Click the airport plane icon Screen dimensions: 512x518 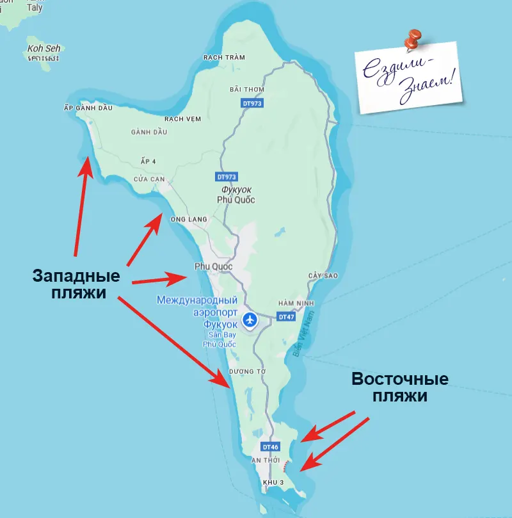pos(250,318)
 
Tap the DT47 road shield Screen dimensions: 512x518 pos(285,316)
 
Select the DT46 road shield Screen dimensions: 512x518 pos(271,447)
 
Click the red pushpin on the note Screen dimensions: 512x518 pos(413,39)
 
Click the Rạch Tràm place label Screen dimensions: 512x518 pos(224,57)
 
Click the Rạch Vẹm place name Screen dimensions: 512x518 pos(183,118)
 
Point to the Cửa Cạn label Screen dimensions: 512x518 pos(149,179)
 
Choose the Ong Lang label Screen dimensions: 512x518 pos(189,220)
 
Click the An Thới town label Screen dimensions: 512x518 pos(266,460)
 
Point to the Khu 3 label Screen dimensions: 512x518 pos(274,481)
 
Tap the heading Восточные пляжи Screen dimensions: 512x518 pos(399,387)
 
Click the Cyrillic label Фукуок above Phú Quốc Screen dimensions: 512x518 pos(236,190)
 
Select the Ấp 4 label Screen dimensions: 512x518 pos(148,161)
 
